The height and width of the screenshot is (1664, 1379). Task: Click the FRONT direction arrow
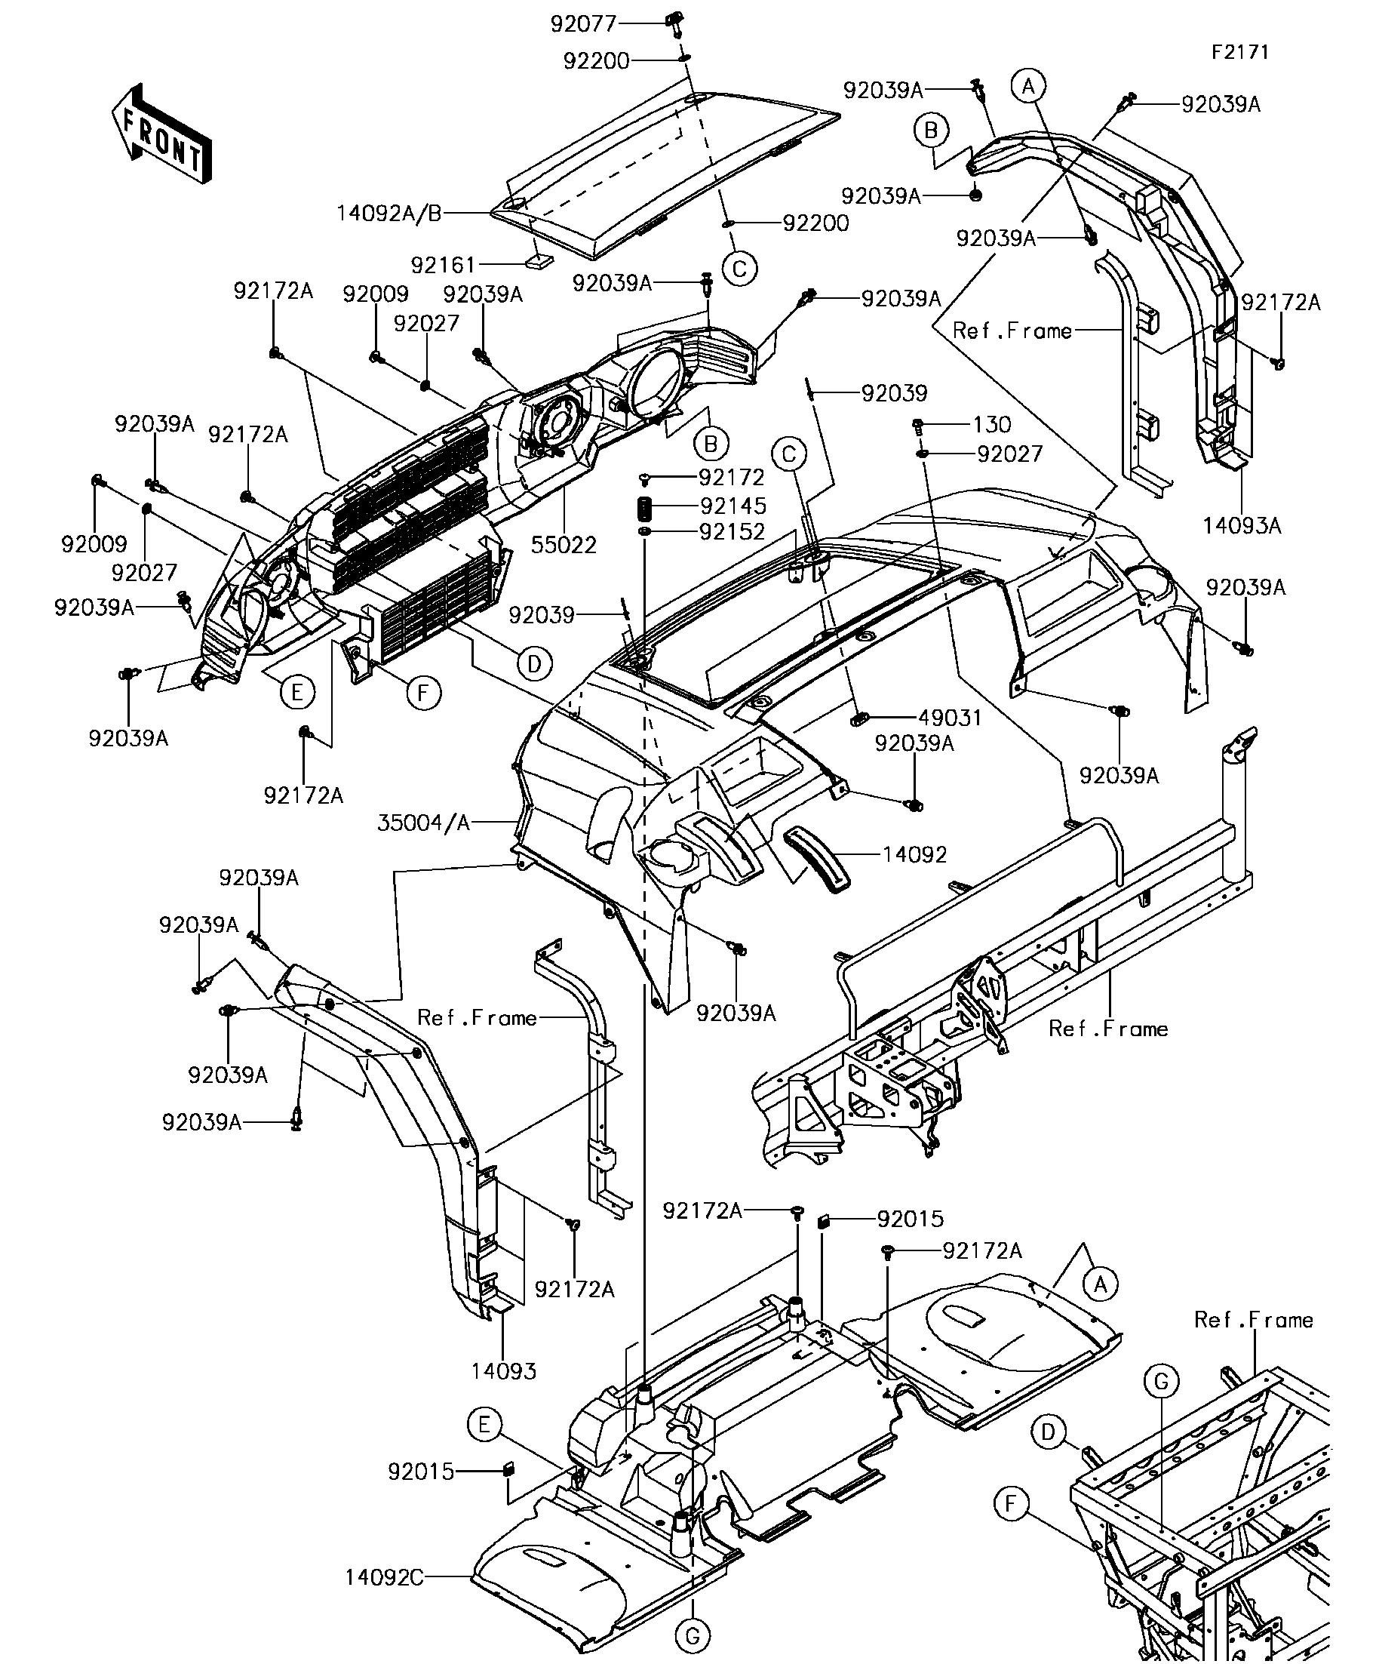pos(161,134)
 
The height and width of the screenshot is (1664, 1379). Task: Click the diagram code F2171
pos(1240,52)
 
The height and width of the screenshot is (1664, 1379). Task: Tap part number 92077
pos(583,24)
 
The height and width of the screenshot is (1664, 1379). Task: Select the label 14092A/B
pos(389,213)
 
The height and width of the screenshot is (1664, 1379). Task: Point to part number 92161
pos(443,264)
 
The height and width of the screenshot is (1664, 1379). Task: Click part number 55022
pos(564,544)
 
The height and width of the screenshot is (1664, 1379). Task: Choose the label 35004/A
pos(424,823)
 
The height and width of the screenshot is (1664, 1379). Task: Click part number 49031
pos(950,718)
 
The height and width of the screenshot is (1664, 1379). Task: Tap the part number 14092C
pos(384,1577)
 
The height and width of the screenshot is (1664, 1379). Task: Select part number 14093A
pos(1241,525)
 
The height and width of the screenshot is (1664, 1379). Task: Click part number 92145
pos(732,506)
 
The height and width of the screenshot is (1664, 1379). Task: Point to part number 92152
pos(732,532)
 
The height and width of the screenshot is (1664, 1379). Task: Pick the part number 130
pos(992,425)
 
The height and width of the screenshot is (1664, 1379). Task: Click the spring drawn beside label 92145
pos(645,506)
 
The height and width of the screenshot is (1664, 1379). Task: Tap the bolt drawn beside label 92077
pos(675,24)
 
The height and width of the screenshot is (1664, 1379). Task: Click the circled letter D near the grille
pos(534,664)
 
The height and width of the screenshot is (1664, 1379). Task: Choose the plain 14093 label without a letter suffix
pos(504,1370)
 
